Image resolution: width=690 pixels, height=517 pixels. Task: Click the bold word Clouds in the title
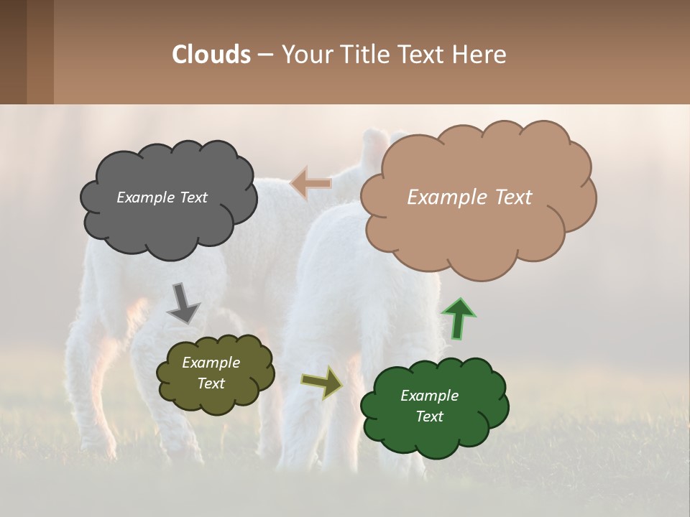(211, 54)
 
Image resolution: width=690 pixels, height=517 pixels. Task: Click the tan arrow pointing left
(310, 184)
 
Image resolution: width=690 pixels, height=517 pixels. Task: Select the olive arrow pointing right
(322, 383)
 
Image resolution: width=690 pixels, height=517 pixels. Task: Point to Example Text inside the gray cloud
(162, 197)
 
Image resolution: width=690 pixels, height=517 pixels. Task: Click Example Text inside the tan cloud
(469, 197)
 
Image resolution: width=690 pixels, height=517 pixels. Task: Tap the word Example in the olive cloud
(211, 363)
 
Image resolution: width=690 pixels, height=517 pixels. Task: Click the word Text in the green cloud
(429, 416)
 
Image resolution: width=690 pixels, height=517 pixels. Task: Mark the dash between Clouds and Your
(265, 55)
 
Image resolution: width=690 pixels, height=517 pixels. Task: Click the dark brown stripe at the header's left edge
(13, 52)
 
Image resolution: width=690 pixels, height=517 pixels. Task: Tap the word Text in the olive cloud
(211, 383)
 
